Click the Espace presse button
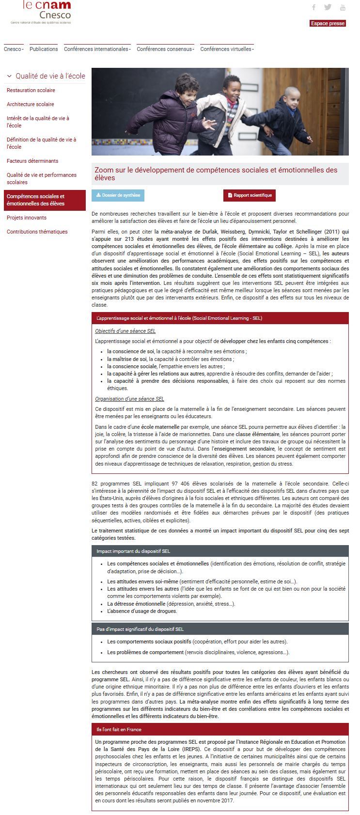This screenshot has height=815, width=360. click(x=328, y=23)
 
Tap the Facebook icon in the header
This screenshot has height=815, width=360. click(x=314, y=7)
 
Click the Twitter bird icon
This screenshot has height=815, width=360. click(x=328, y=7)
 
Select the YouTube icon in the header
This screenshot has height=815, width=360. click(x=343, y=7)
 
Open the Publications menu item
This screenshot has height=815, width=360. click(x=44, y=49)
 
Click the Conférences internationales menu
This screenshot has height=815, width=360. click(x=97, y=49)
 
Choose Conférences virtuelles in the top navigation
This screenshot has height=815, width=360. click(x=227, y=49)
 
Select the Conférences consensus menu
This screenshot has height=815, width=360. click(x=165, y=49)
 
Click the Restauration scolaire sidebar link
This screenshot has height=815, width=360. click(x=31, y=90)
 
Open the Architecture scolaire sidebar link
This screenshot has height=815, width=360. click(x=31, y=104)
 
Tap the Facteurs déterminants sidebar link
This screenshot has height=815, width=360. click(x=32, y=161)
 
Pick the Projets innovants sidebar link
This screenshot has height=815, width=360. click(x=27, y=218)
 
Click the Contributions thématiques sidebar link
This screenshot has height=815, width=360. click(x=37, y=232)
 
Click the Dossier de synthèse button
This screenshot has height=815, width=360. click(x=118, y=195)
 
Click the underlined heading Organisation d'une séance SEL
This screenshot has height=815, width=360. click(x=129, y=399)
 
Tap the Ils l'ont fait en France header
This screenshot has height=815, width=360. click(x=119, y=729)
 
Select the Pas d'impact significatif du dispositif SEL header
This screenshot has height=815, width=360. click(x=140, y=629)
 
